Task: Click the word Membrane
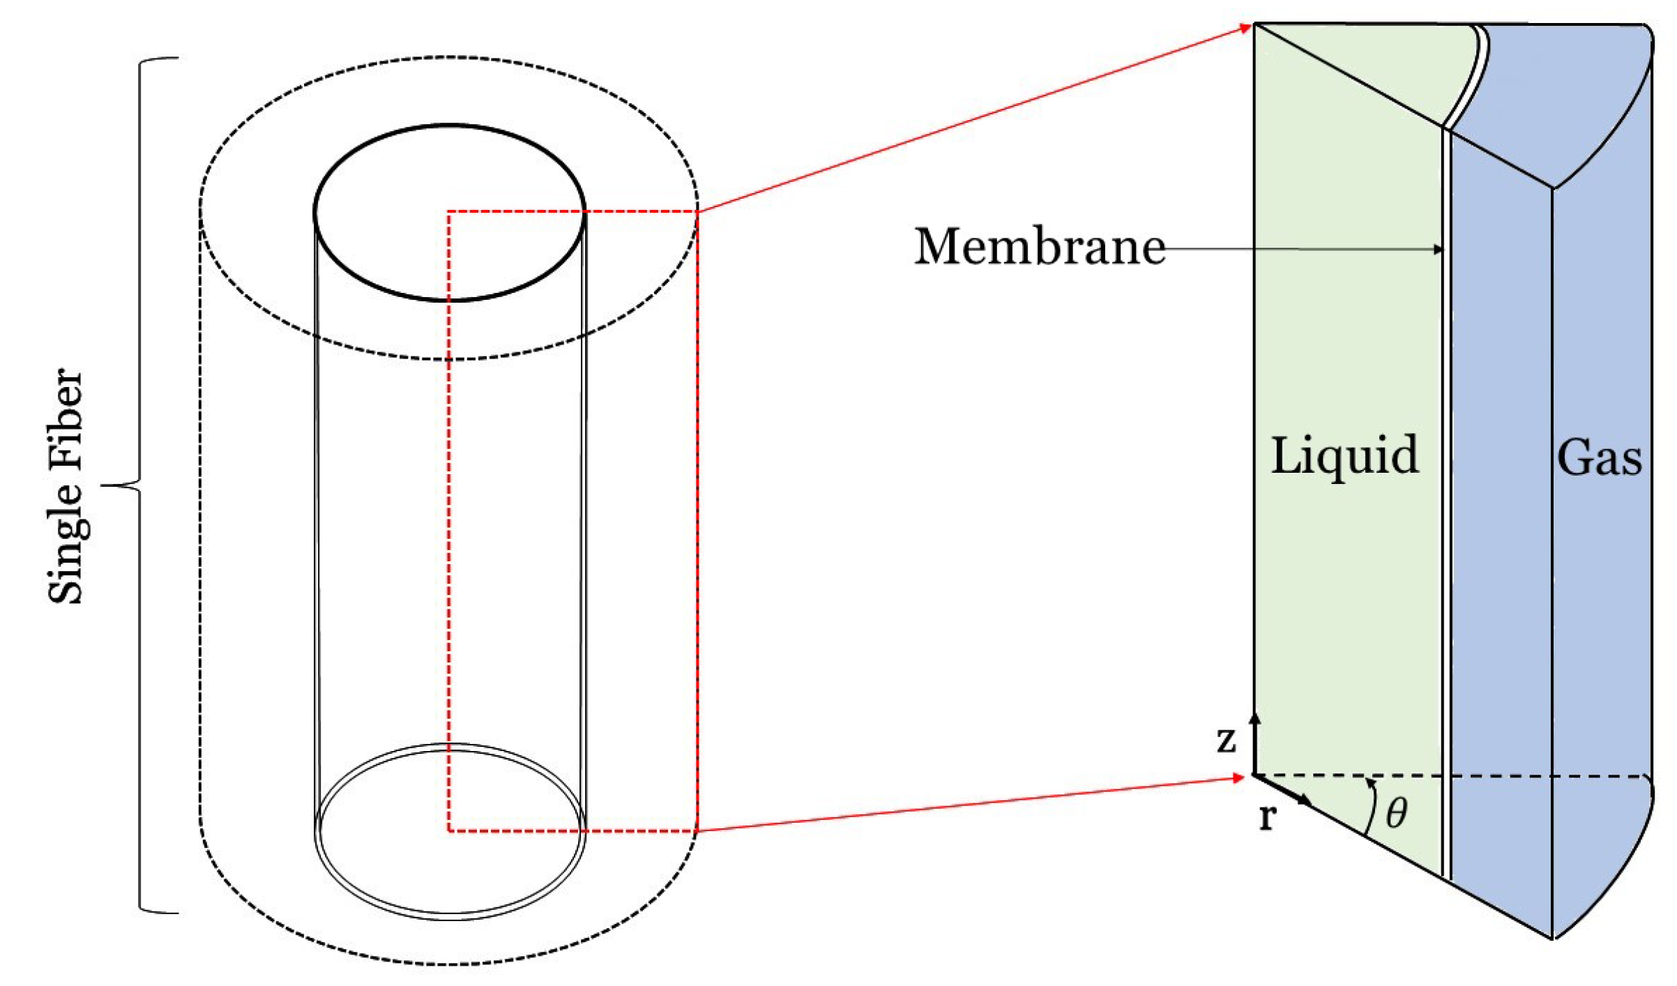(1039, 247)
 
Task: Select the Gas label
(1599, 458)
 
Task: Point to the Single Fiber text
(66, 485)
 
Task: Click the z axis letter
(1226, 740)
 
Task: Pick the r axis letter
(1268, 816)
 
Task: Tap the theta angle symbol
(1397, 813)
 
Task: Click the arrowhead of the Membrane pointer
(1439, 249)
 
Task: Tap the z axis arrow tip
(1255, 717)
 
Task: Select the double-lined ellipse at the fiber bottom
(450, 915)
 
